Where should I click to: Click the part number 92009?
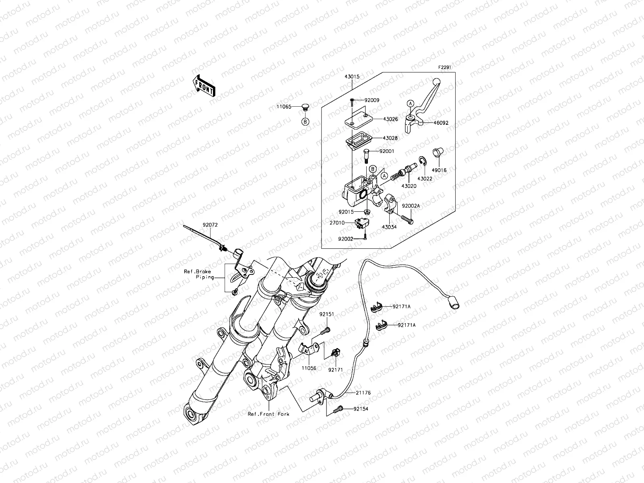[x=372, y=100]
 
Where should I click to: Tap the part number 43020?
[x=409, y=186]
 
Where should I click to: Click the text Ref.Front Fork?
[x=268, y=414]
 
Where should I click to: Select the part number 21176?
[x=363, y=392]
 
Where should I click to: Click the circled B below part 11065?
[x=305, y=122]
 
